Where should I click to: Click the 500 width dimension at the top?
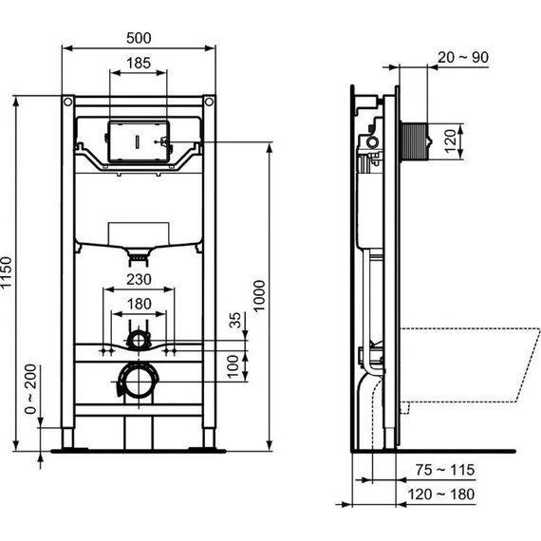click(140, 38)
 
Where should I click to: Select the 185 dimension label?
click(140, 64)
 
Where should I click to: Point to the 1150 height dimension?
click(10, 275)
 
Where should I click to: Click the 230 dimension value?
click(140, 281)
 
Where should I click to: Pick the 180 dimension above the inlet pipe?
click(140, 304)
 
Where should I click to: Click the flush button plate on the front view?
click(139, 140)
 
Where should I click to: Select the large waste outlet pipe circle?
click(139, 383)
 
